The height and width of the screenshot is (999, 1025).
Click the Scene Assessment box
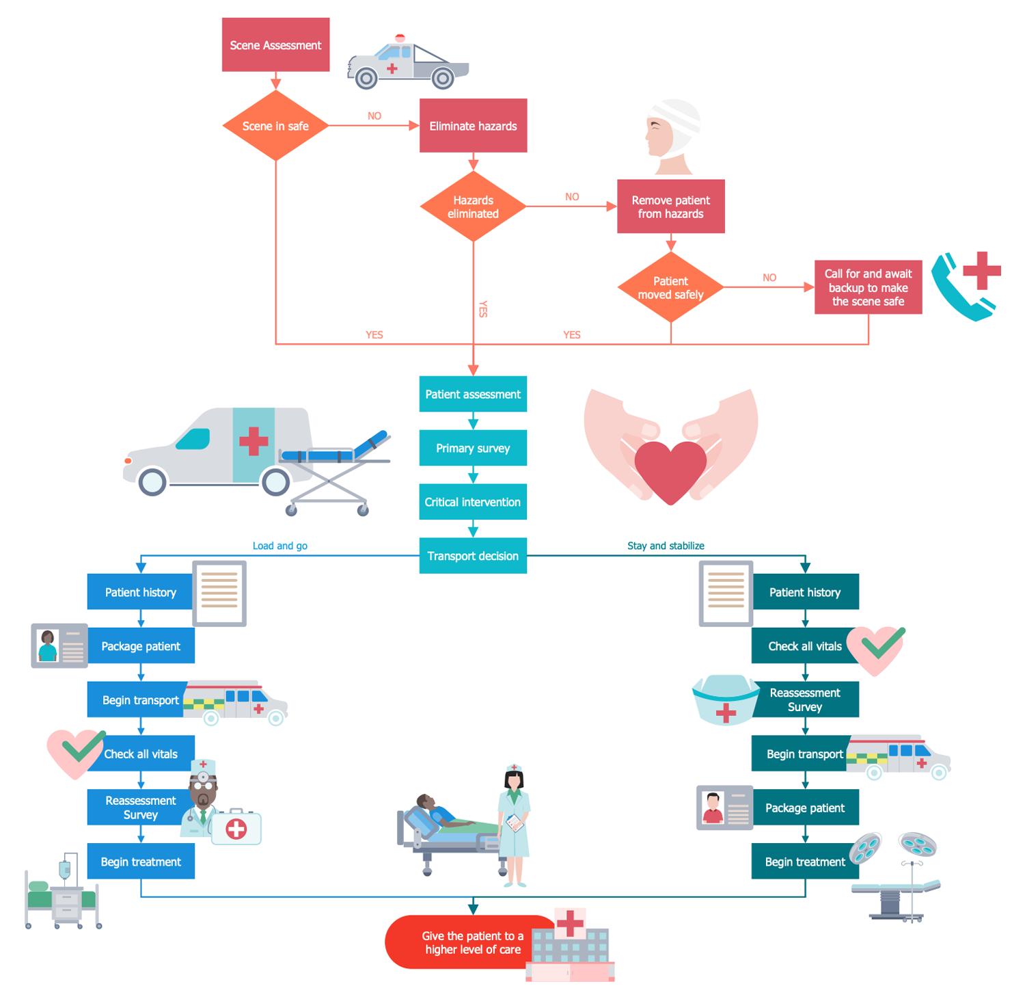click(275, 45)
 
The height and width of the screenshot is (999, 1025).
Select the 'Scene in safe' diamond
click(275, 126)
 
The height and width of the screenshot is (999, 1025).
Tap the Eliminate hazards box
click(473, 126)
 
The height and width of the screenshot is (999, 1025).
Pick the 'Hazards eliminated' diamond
click(473, 207)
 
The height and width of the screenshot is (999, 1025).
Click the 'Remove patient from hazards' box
click(670, 207)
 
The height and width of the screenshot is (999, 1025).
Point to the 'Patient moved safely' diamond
click(670, 287)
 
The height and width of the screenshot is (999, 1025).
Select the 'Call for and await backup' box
click(868, 287)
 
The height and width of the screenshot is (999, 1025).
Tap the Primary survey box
click(473, 448)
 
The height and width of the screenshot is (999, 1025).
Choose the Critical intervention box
click(473, 502)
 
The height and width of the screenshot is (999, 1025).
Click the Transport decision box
click(473, 556)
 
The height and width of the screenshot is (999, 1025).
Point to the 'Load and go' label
click(280, 546)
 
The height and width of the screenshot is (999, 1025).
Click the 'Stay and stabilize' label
click(666, 546)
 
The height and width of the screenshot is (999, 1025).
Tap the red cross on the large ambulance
click(254, 441)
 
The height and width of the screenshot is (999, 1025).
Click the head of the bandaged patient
click(670, 130)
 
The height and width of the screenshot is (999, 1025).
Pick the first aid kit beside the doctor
click(236, 829)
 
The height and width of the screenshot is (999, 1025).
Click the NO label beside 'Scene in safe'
click(374, 116)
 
